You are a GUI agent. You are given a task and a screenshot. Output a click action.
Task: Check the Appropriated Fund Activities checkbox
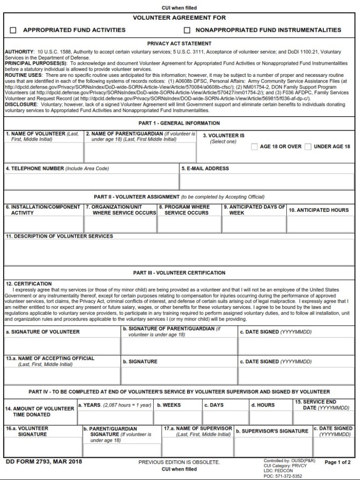coord(13,30)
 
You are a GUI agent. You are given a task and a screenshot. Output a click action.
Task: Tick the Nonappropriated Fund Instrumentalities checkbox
coord(187,30)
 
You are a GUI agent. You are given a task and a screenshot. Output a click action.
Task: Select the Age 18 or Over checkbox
coord(254,147)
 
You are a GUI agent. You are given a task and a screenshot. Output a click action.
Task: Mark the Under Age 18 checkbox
coord(308,147)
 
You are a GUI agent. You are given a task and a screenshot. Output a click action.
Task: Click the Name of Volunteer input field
coord(44,152)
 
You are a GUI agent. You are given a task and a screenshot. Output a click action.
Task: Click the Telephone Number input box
coord(91,181)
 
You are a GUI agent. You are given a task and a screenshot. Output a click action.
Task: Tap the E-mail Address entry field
coord(267,181)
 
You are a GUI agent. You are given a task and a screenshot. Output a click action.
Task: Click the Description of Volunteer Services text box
coord(180,252)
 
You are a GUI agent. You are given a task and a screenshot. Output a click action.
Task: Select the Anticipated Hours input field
coord(320,224)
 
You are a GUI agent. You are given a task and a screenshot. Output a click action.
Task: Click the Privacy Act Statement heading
coord(180,44)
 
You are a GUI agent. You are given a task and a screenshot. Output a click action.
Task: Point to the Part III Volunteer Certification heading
coord(180,273)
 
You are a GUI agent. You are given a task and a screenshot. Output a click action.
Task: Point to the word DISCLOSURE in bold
coord(21,105)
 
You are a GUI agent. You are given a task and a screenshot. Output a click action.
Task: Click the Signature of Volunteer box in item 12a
coord(62,346)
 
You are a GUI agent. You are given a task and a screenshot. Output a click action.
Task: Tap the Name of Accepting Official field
coord(62,375)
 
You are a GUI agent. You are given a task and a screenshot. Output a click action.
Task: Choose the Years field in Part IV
coord(115,417)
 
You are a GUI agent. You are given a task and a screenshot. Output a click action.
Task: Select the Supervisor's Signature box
coord(273,447)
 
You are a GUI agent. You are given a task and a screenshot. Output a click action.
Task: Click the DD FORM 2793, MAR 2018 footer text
coord(44,462)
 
